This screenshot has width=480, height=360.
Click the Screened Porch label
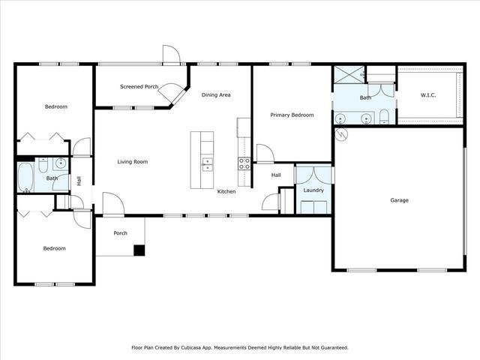tap(139, 87)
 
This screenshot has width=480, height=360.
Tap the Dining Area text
tap(215, 94)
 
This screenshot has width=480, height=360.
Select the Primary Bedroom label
tap(292, 115)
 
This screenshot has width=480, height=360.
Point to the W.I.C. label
tap(428, 95)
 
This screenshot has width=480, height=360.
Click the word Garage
tap(399, 200)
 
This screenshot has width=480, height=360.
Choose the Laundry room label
tap(313, 190)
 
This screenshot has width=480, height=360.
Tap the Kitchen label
tap(226, 192)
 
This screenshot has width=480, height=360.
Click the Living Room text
tap(132, 161)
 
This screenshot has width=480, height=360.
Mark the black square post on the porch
tap(139, 250)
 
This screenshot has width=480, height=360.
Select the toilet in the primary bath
tap(384, 115)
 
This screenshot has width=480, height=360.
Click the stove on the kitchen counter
tap(244, 163)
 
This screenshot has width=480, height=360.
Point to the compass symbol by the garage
tap(342, 135)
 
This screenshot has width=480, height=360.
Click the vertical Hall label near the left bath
tap(79, 181)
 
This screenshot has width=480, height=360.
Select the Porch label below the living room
tap(120, 233)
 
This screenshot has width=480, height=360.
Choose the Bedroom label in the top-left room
tap(55, 106)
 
